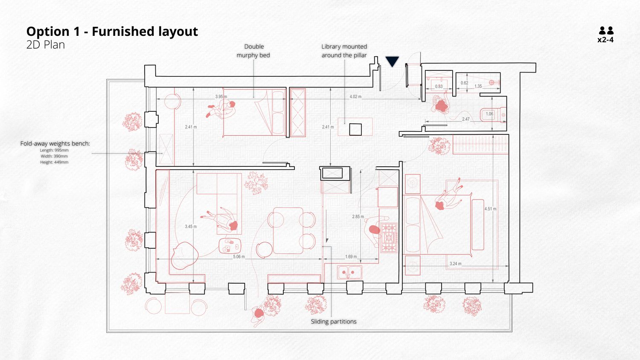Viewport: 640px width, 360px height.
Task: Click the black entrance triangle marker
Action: point(392,61)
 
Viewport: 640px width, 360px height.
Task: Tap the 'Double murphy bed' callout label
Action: point(253,51)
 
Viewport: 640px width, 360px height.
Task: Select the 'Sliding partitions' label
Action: point(334,322)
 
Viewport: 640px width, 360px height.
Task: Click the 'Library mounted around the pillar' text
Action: point(344,51)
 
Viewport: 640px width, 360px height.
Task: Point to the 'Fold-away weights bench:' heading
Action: point(55,143)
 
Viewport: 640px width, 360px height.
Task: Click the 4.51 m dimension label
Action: point(490,209)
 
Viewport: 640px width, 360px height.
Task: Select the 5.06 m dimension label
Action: point(239,257)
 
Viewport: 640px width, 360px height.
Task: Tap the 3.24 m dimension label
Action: point(455,264)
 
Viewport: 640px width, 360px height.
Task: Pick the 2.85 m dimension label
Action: point(358,217)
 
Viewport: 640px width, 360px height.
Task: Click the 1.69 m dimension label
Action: point(351,257)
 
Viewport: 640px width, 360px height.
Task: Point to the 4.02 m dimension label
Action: point(355,96)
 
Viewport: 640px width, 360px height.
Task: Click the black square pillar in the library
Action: point(355,129)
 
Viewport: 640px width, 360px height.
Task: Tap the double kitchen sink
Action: point(349,272)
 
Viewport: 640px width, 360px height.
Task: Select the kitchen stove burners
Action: point(389,238)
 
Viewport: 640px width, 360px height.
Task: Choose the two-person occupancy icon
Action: point(606,31)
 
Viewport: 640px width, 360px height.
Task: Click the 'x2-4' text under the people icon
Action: point(605,40)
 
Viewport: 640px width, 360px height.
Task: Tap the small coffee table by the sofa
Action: point(230,246)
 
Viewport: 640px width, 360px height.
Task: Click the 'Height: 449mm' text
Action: point(54,162)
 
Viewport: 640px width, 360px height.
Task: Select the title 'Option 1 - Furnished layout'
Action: point(112,32)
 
